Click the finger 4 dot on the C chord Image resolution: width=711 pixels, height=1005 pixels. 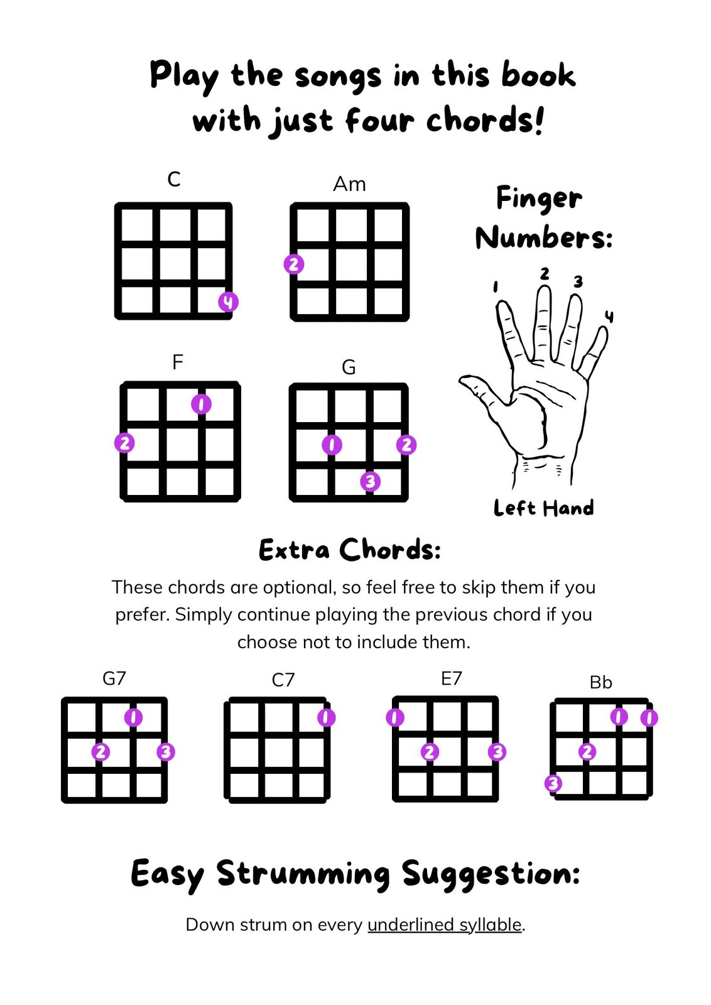point(228,302)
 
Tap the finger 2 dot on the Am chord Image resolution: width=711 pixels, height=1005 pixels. point(294,264)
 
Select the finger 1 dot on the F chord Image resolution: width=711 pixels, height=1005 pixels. point(201,405)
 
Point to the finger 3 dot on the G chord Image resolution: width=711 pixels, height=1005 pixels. point(370,481)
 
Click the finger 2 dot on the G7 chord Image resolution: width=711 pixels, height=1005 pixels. point(100,751)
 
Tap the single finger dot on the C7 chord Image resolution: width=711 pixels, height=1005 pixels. point(326,718)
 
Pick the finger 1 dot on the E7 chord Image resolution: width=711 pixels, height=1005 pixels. point(394,718)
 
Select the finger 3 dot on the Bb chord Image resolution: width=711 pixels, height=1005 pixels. point(553,784)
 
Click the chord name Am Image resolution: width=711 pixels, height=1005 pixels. point(349,184)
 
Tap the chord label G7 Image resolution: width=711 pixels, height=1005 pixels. point(114,678)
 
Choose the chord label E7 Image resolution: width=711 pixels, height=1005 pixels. point(451,678)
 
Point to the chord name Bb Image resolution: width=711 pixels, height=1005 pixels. point(600,682)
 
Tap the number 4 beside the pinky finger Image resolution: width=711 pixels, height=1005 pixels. point(609,317)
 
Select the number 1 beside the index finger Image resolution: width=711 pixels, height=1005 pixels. point(495,286)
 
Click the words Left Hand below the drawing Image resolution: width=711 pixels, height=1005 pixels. point(544,508)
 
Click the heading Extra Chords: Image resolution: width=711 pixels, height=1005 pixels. point(350,550)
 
